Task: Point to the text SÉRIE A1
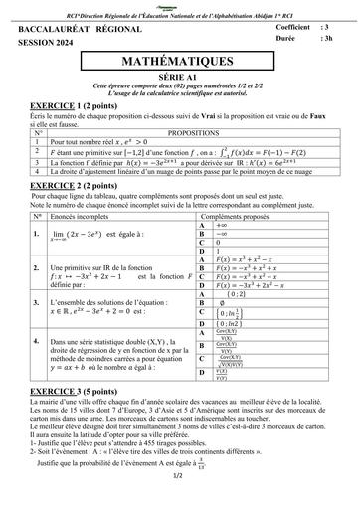[179, 77]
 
